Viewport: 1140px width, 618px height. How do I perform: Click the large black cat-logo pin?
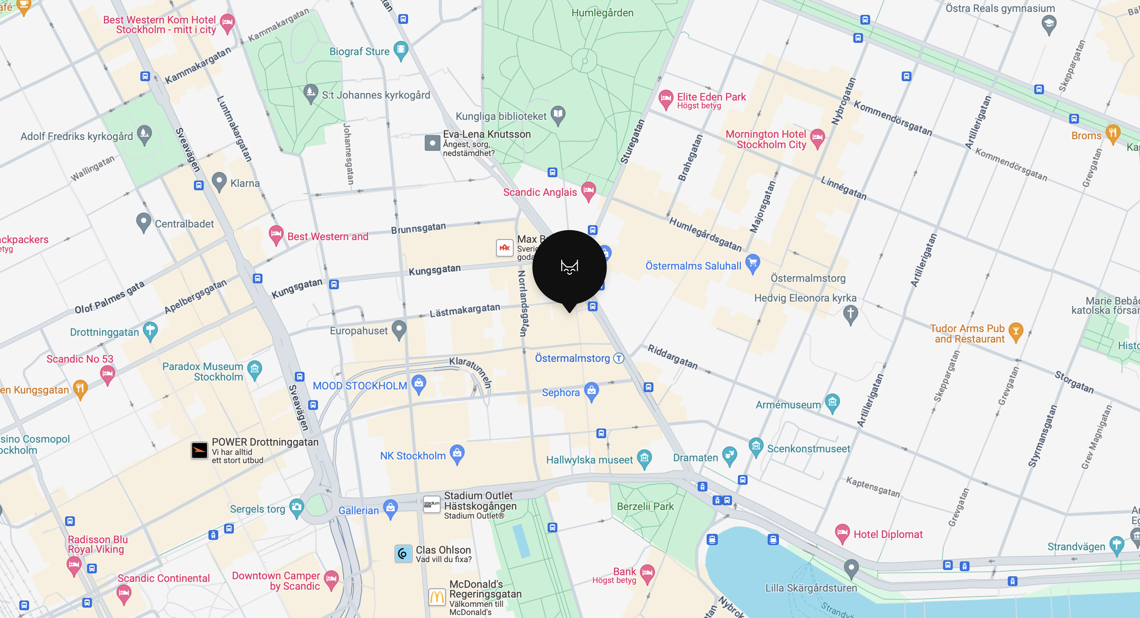coord(569,267)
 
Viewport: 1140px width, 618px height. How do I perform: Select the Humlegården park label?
coord(602,13)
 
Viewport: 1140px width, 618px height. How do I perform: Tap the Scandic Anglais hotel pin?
coord(588,191)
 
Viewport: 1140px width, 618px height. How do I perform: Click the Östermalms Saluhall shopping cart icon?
coord(752,263)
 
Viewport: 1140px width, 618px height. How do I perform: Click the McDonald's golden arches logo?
coord(437,597)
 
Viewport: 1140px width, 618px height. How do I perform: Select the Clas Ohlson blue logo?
coord(403,553)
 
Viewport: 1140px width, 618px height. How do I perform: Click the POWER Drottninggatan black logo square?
coord(199,450)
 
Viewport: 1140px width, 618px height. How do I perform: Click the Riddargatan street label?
coord(672,357)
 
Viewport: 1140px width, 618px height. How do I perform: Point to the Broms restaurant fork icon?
coord(1112,133)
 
